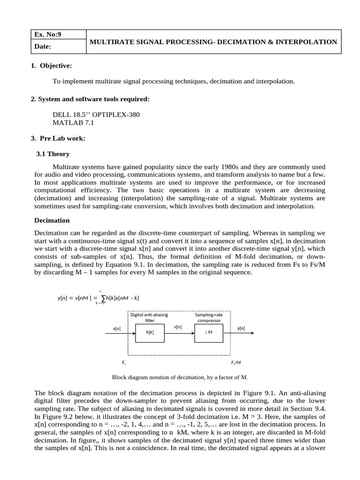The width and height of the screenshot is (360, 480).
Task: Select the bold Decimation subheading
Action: pyautogui.click(x=52, y=220)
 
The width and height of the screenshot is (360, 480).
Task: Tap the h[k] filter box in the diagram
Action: pyautogui.click(x=150, y=332)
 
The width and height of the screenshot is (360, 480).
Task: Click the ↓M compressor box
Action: pyautogui.click(x=209, y=332)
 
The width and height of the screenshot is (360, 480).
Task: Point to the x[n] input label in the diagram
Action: pyautogui.click(x=117, y=329)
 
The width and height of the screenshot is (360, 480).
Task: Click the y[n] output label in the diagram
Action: pyautogui.click(x=241, y=329)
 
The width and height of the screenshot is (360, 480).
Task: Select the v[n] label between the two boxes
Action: pyautogui.click(x=178, y=326)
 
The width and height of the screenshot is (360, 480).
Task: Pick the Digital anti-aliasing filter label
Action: pyautogui.click(x=149, y=318)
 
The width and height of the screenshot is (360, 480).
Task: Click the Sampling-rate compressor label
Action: pyautogui.click(x=209, y=318)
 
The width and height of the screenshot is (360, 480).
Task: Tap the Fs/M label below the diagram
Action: pyautogui.click(x=236, y=363)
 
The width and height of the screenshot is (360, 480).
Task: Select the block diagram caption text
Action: pyautogui.click(x=180, y=377)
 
